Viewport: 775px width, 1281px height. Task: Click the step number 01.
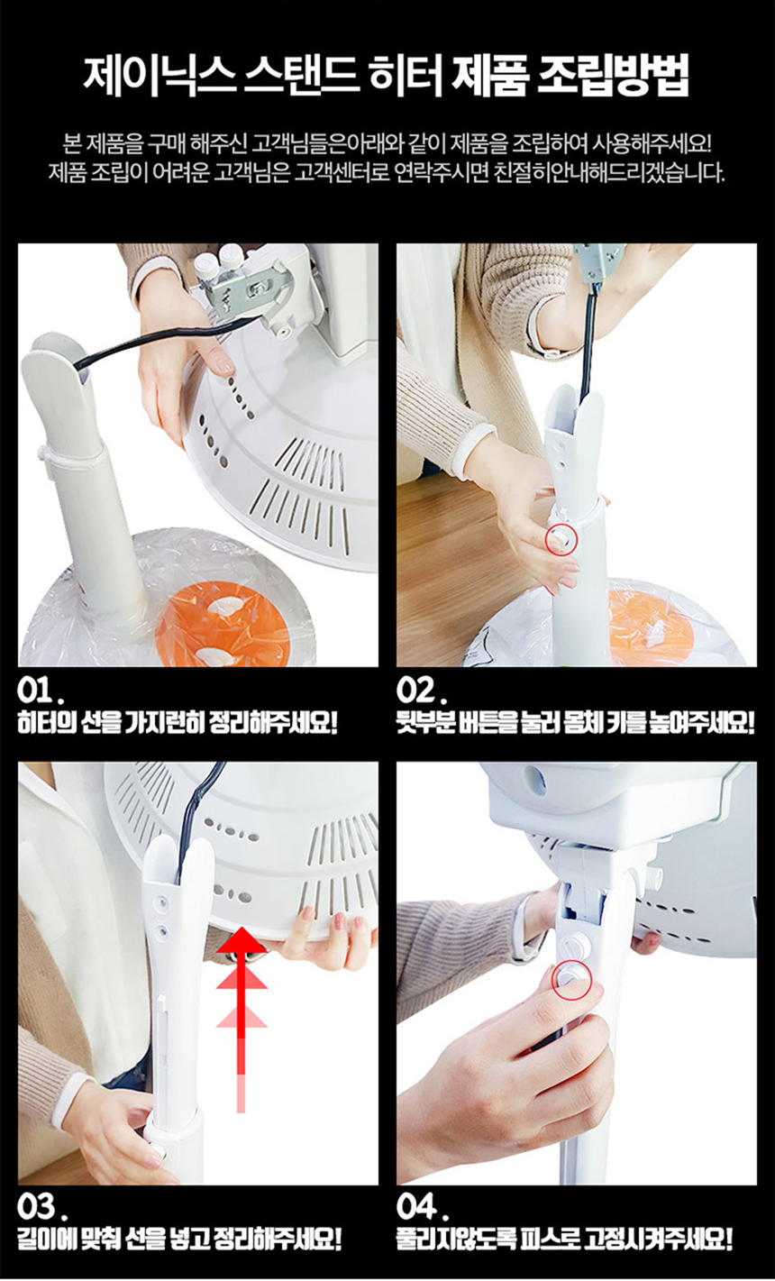[x=40, y=692]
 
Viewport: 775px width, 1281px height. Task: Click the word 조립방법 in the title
[x=614, y=77]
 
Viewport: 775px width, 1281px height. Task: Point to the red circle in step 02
[x=562, y=539]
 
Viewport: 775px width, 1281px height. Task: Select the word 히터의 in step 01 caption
[x=44, y=723]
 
